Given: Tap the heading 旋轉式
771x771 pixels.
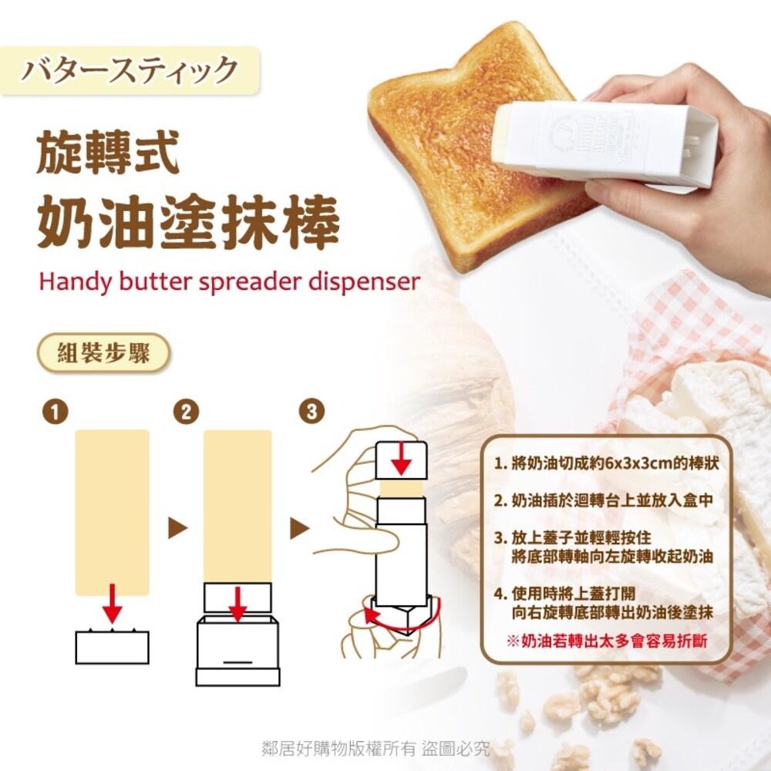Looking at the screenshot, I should (108, 152).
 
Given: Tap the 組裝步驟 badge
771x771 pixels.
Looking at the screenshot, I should (103, 352).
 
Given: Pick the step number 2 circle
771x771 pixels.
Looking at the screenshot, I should (186, 412).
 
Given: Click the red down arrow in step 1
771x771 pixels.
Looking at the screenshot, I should (113, 604).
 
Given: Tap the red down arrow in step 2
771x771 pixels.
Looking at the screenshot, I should (237, 604).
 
